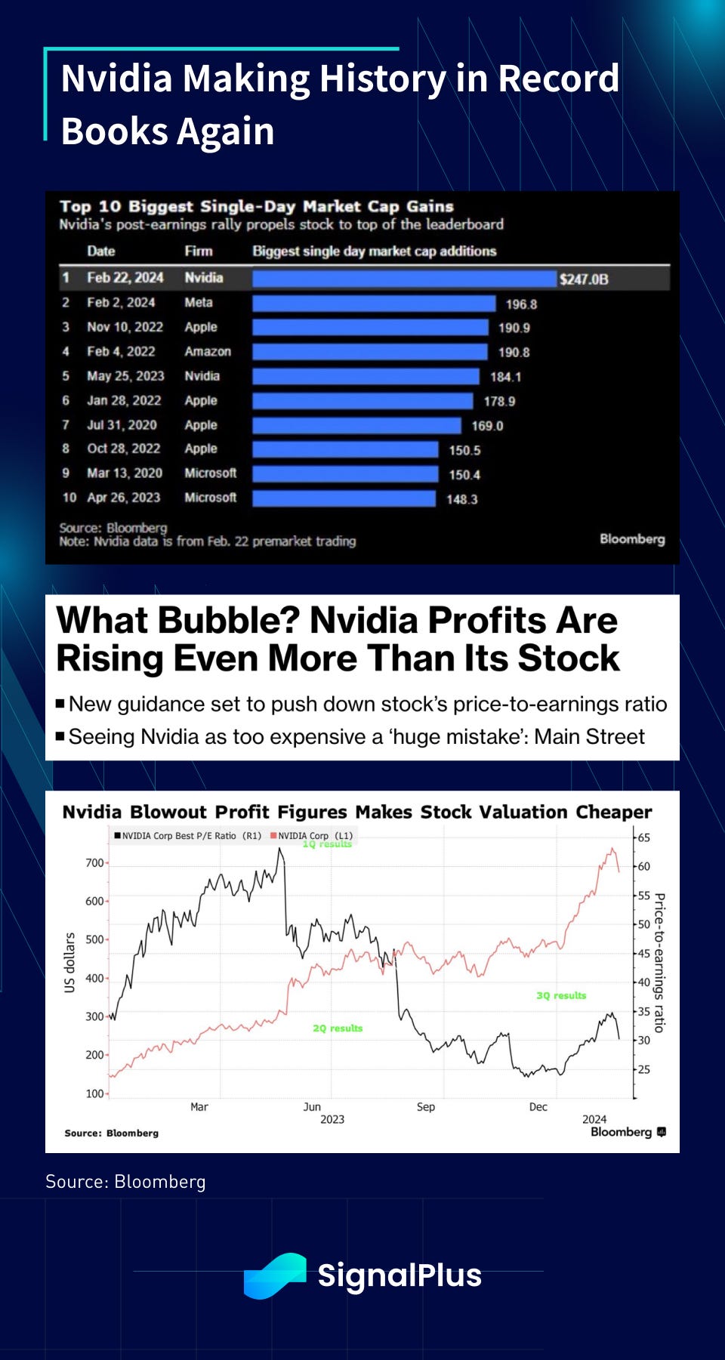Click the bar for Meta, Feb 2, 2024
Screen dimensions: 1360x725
374,304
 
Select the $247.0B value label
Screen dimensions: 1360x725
583,279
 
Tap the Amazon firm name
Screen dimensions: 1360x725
208,352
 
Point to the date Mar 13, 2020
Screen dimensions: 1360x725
125,473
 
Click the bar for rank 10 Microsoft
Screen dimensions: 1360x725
344,498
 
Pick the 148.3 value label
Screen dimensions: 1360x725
461,499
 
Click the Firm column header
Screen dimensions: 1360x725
199,251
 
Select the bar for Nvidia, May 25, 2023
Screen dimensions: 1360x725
366,376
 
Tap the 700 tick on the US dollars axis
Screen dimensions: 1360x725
94,862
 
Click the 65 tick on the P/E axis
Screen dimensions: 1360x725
643,837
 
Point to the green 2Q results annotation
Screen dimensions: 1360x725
338,1028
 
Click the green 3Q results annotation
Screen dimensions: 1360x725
561,996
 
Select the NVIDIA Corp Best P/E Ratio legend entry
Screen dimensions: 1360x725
187,836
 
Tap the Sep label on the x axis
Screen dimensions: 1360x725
426,1107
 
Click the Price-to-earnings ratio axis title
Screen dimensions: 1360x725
659,963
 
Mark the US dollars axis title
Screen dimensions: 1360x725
70,963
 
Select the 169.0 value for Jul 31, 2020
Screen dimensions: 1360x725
487,426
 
